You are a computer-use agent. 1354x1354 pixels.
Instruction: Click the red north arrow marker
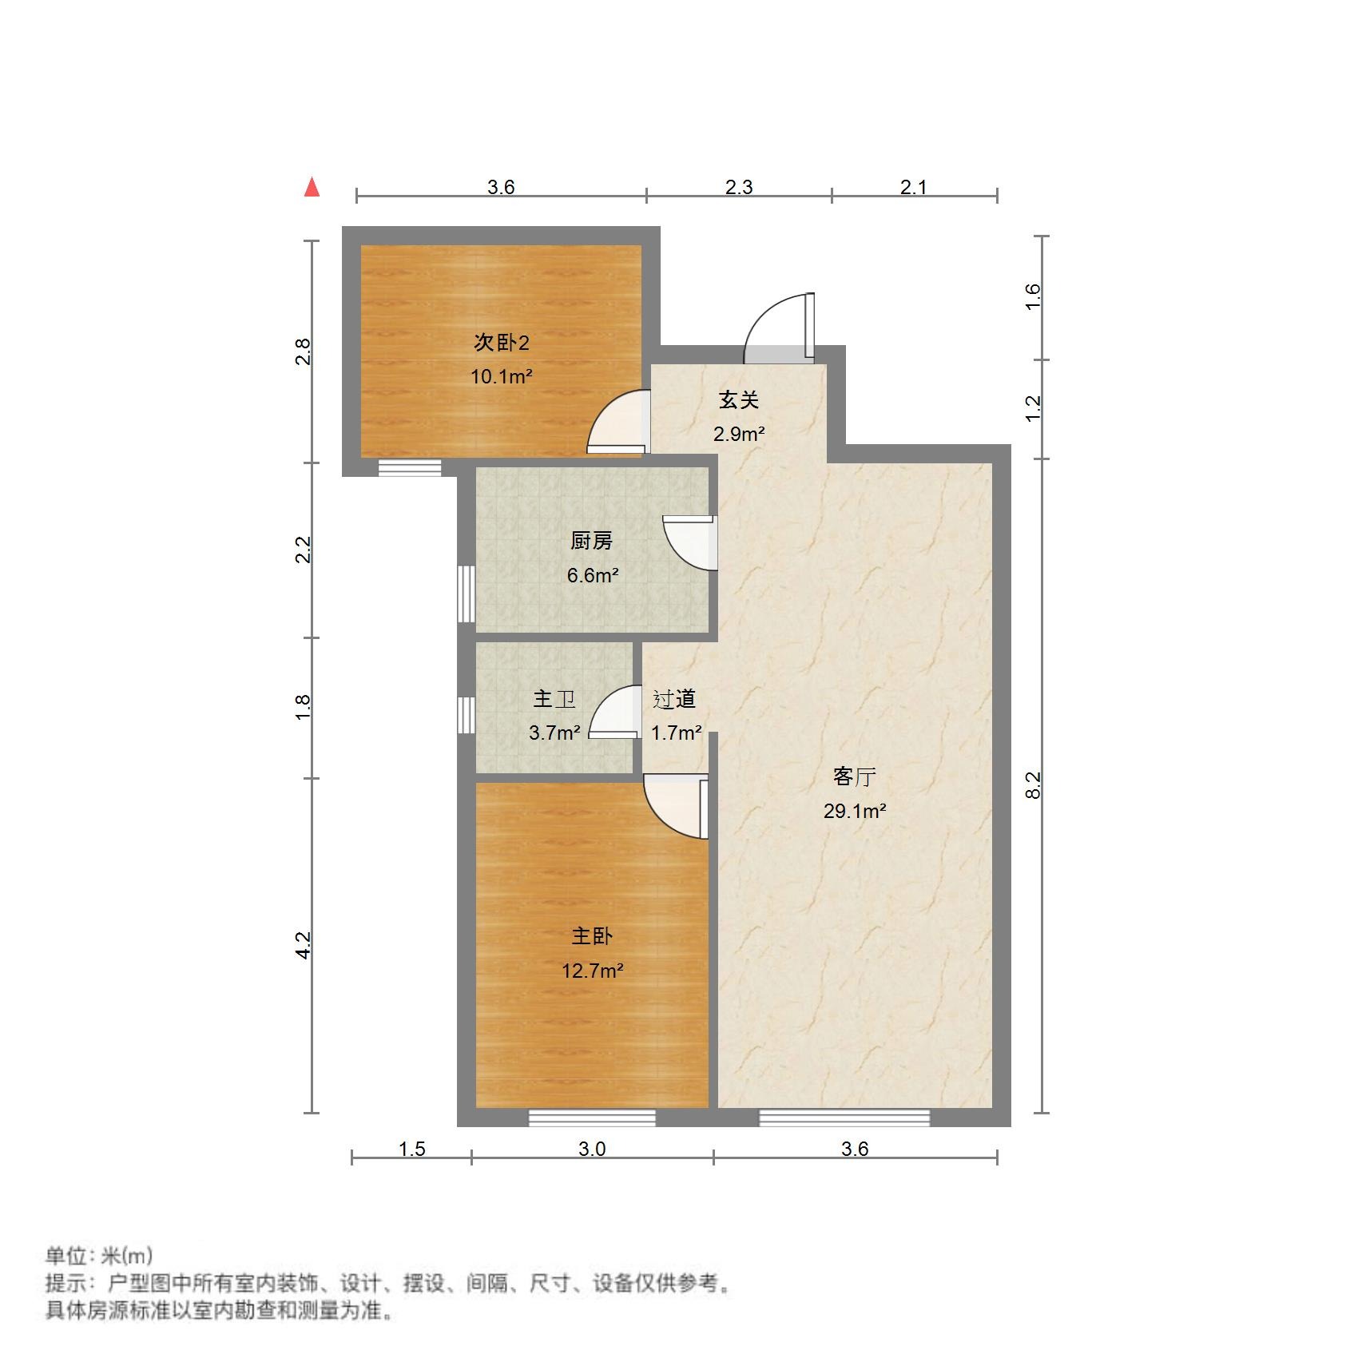pyautogui.click(x=312, y=188)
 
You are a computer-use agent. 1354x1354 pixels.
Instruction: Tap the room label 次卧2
pyautogui.click(x=501, y=343)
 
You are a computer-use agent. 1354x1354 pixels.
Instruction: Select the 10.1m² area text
pyautogui.click(x=501, y=376)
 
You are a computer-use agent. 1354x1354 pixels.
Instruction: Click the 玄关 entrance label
pyautogui.click(x=738, y=399)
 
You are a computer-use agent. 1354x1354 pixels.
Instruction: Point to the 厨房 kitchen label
pyautogui.click(x=591, y=541)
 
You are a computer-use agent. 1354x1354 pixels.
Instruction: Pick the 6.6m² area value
pyautogui.click(x=592, y=575)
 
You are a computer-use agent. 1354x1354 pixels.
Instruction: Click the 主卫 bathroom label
pyautogui.click(x=554, y=699)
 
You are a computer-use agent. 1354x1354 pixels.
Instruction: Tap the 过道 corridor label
pyautogui.click(x=674, y=699)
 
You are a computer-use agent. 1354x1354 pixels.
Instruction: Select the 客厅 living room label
pyautogui.click(x=854, y=776)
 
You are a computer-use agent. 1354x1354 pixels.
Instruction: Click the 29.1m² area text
pyautogui.click(x=854, y=811)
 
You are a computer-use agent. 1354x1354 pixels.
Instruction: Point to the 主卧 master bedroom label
pyautogui.click(x=591, y=936)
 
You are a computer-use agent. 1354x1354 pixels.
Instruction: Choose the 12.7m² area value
pyautogui.click(x=592, y=971)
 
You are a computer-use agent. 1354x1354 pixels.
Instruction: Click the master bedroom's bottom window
pyautogui.click(x=592, y=1118)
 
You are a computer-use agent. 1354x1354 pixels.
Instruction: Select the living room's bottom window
pyautogui.click(x=844, y=1118)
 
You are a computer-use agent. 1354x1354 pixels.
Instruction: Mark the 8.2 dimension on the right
pyautogui.click(x=1033, y=784)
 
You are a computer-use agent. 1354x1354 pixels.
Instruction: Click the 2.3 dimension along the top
pyautogui.click(x=739, y=187)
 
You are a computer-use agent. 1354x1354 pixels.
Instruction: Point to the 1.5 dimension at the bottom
pyautogui.click(x=411, y=1149)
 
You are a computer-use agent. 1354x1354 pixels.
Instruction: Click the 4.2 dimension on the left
pyautogui.click(x=303, y=945)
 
